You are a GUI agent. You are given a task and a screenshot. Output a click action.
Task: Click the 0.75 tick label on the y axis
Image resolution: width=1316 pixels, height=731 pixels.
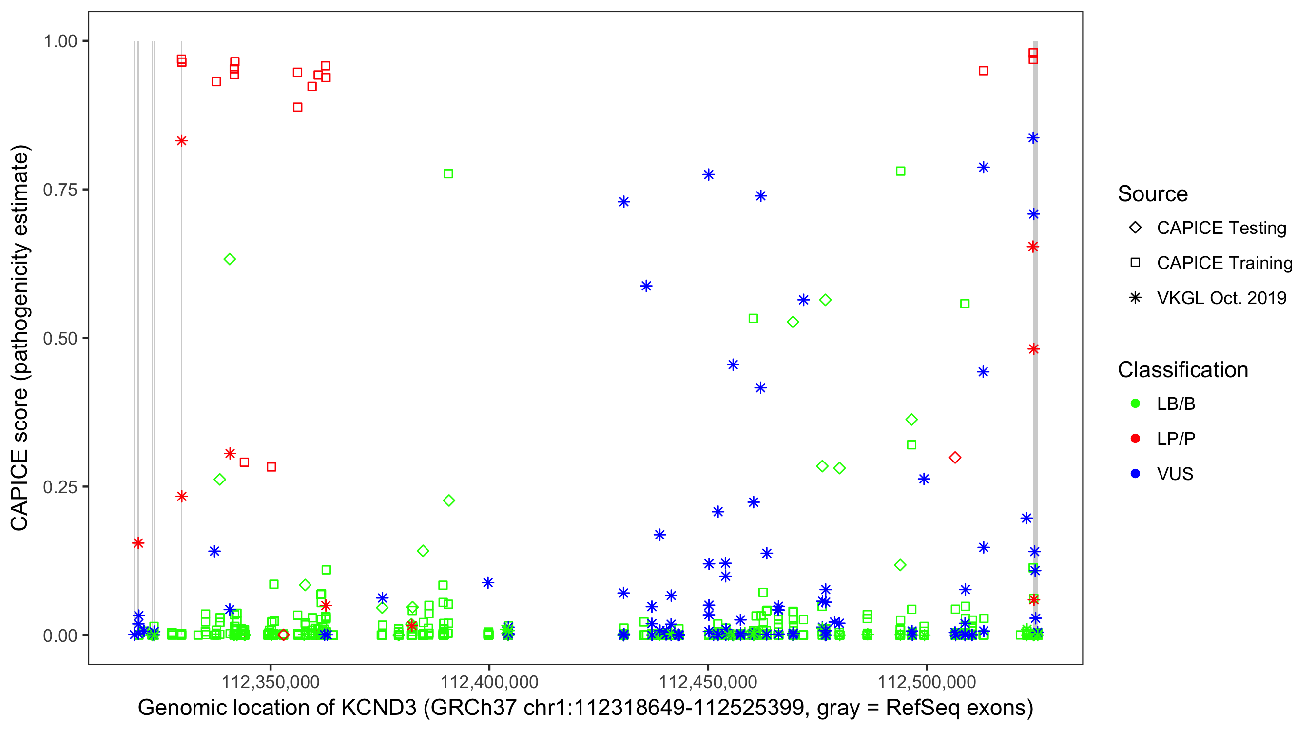[59, 190]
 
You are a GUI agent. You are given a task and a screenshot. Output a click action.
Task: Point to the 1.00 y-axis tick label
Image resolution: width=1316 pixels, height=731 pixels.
[59, 41]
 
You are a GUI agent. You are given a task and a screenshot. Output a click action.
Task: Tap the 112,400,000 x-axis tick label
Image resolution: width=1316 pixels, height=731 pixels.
[489, 682]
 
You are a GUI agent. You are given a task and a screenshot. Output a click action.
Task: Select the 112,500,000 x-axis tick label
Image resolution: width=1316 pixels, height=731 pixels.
[926, 682]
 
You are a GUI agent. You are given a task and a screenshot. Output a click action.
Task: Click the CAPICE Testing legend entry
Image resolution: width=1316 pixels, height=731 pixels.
[1221, 228]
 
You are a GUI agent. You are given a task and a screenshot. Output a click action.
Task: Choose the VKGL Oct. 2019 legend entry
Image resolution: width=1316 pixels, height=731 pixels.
[1221, 298]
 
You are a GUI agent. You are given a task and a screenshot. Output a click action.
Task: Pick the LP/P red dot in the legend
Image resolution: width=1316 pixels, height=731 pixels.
[1135, 439]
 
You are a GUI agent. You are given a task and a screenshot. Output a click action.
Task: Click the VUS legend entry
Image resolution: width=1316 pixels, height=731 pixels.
[1175, 474]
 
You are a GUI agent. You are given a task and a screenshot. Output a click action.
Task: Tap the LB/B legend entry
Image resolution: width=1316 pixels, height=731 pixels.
[1176, 404]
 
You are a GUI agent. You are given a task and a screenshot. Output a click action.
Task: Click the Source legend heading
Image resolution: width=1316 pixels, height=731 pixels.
[1153, 194]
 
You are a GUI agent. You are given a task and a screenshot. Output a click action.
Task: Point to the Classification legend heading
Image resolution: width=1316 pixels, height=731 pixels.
[1182, 370]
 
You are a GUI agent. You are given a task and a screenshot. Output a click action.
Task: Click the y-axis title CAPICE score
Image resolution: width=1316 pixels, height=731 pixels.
[20, 338]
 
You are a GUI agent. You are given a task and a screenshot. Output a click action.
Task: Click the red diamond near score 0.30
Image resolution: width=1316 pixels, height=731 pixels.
[955, 458]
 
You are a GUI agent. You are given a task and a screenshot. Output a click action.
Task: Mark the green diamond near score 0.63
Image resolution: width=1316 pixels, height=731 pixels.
[230, 259]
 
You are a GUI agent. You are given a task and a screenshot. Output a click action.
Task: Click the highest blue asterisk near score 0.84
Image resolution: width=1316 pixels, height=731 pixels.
[1033, 138]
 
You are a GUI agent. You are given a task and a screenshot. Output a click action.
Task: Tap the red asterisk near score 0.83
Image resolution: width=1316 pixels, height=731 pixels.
[181, 141]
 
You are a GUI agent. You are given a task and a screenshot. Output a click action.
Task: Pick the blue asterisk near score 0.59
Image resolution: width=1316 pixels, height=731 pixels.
[646, 286]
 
